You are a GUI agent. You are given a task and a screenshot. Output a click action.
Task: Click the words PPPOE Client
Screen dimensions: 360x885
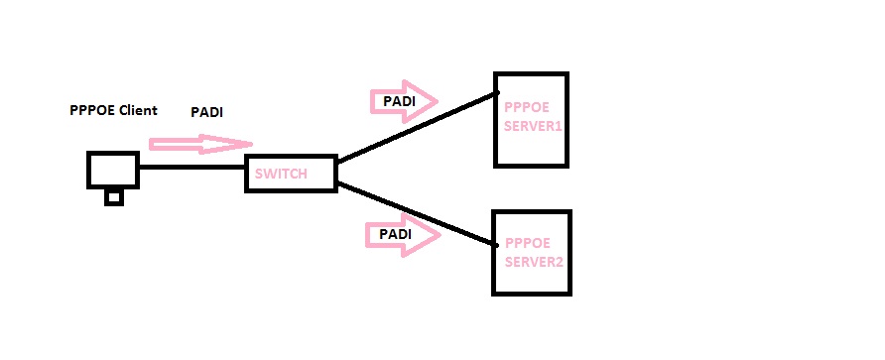[x=113, y=110]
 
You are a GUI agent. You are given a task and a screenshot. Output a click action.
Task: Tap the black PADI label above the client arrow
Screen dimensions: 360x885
[x=206, y=112]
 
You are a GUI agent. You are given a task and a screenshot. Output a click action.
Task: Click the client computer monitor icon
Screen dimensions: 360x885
[x=112, y=169]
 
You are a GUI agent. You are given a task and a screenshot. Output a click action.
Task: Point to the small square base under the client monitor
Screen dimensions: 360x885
[x=114, y=197]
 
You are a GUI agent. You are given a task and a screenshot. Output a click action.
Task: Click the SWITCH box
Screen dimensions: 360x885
[x=291, y=174]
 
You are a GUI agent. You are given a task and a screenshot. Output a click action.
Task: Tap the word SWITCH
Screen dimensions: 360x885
[x=281, y=175]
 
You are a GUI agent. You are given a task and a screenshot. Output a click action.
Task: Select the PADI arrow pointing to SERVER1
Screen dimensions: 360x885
[x=403, y=100]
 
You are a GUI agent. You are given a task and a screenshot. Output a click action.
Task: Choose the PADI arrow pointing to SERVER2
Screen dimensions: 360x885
[x=403, y=234]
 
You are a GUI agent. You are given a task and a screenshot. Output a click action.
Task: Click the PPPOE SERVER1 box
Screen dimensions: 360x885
[x=531, y=119]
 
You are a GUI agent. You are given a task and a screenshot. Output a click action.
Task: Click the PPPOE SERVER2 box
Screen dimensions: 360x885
[x=532, y=252]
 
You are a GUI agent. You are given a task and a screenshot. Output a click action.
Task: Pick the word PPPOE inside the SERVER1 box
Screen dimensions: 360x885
[x=524, y=107]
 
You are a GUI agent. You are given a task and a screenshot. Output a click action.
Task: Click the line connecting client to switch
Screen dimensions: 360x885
[x=191, y=168]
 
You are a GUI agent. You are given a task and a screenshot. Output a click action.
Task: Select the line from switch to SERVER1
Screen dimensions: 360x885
[x=417, y=128]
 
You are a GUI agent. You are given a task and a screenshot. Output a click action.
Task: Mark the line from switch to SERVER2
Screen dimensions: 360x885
[x=417, y=214]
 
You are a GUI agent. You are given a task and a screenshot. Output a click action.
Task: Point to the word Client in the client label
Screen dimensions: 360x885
[x=138, y=110]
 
